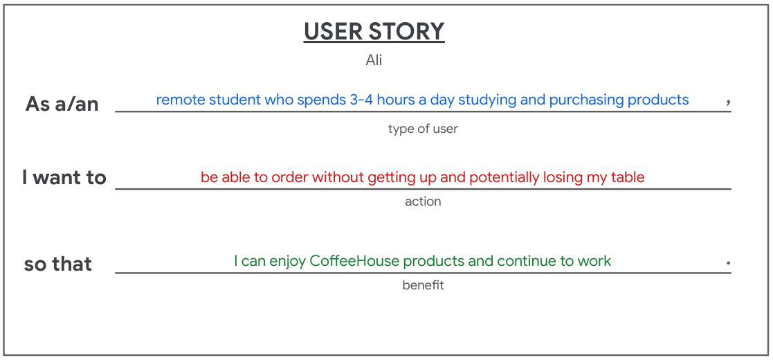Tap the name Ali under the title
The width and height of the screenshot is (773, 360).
pos(374,60)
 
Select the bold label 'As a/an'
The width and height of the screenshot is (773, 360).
pos(62,104)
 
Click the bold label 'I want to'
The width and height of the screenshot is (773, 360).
pos(64,177)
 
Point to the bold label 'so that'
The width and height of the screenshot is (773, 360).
pos(58,264)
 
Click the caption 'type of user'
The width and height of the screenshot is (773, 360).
pos(423,129)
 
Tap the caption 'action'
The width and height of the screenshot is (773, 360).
pos(423,201)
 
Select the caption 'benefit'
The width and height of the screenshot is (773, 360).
pos(423,285)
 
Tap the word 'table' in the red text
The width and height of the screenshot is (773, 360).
pos(628,177)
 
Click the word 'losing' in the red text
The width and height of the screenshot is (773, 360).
pos(563,177)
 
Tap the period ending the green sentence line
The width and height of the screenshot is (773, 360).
pos(728,263)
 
